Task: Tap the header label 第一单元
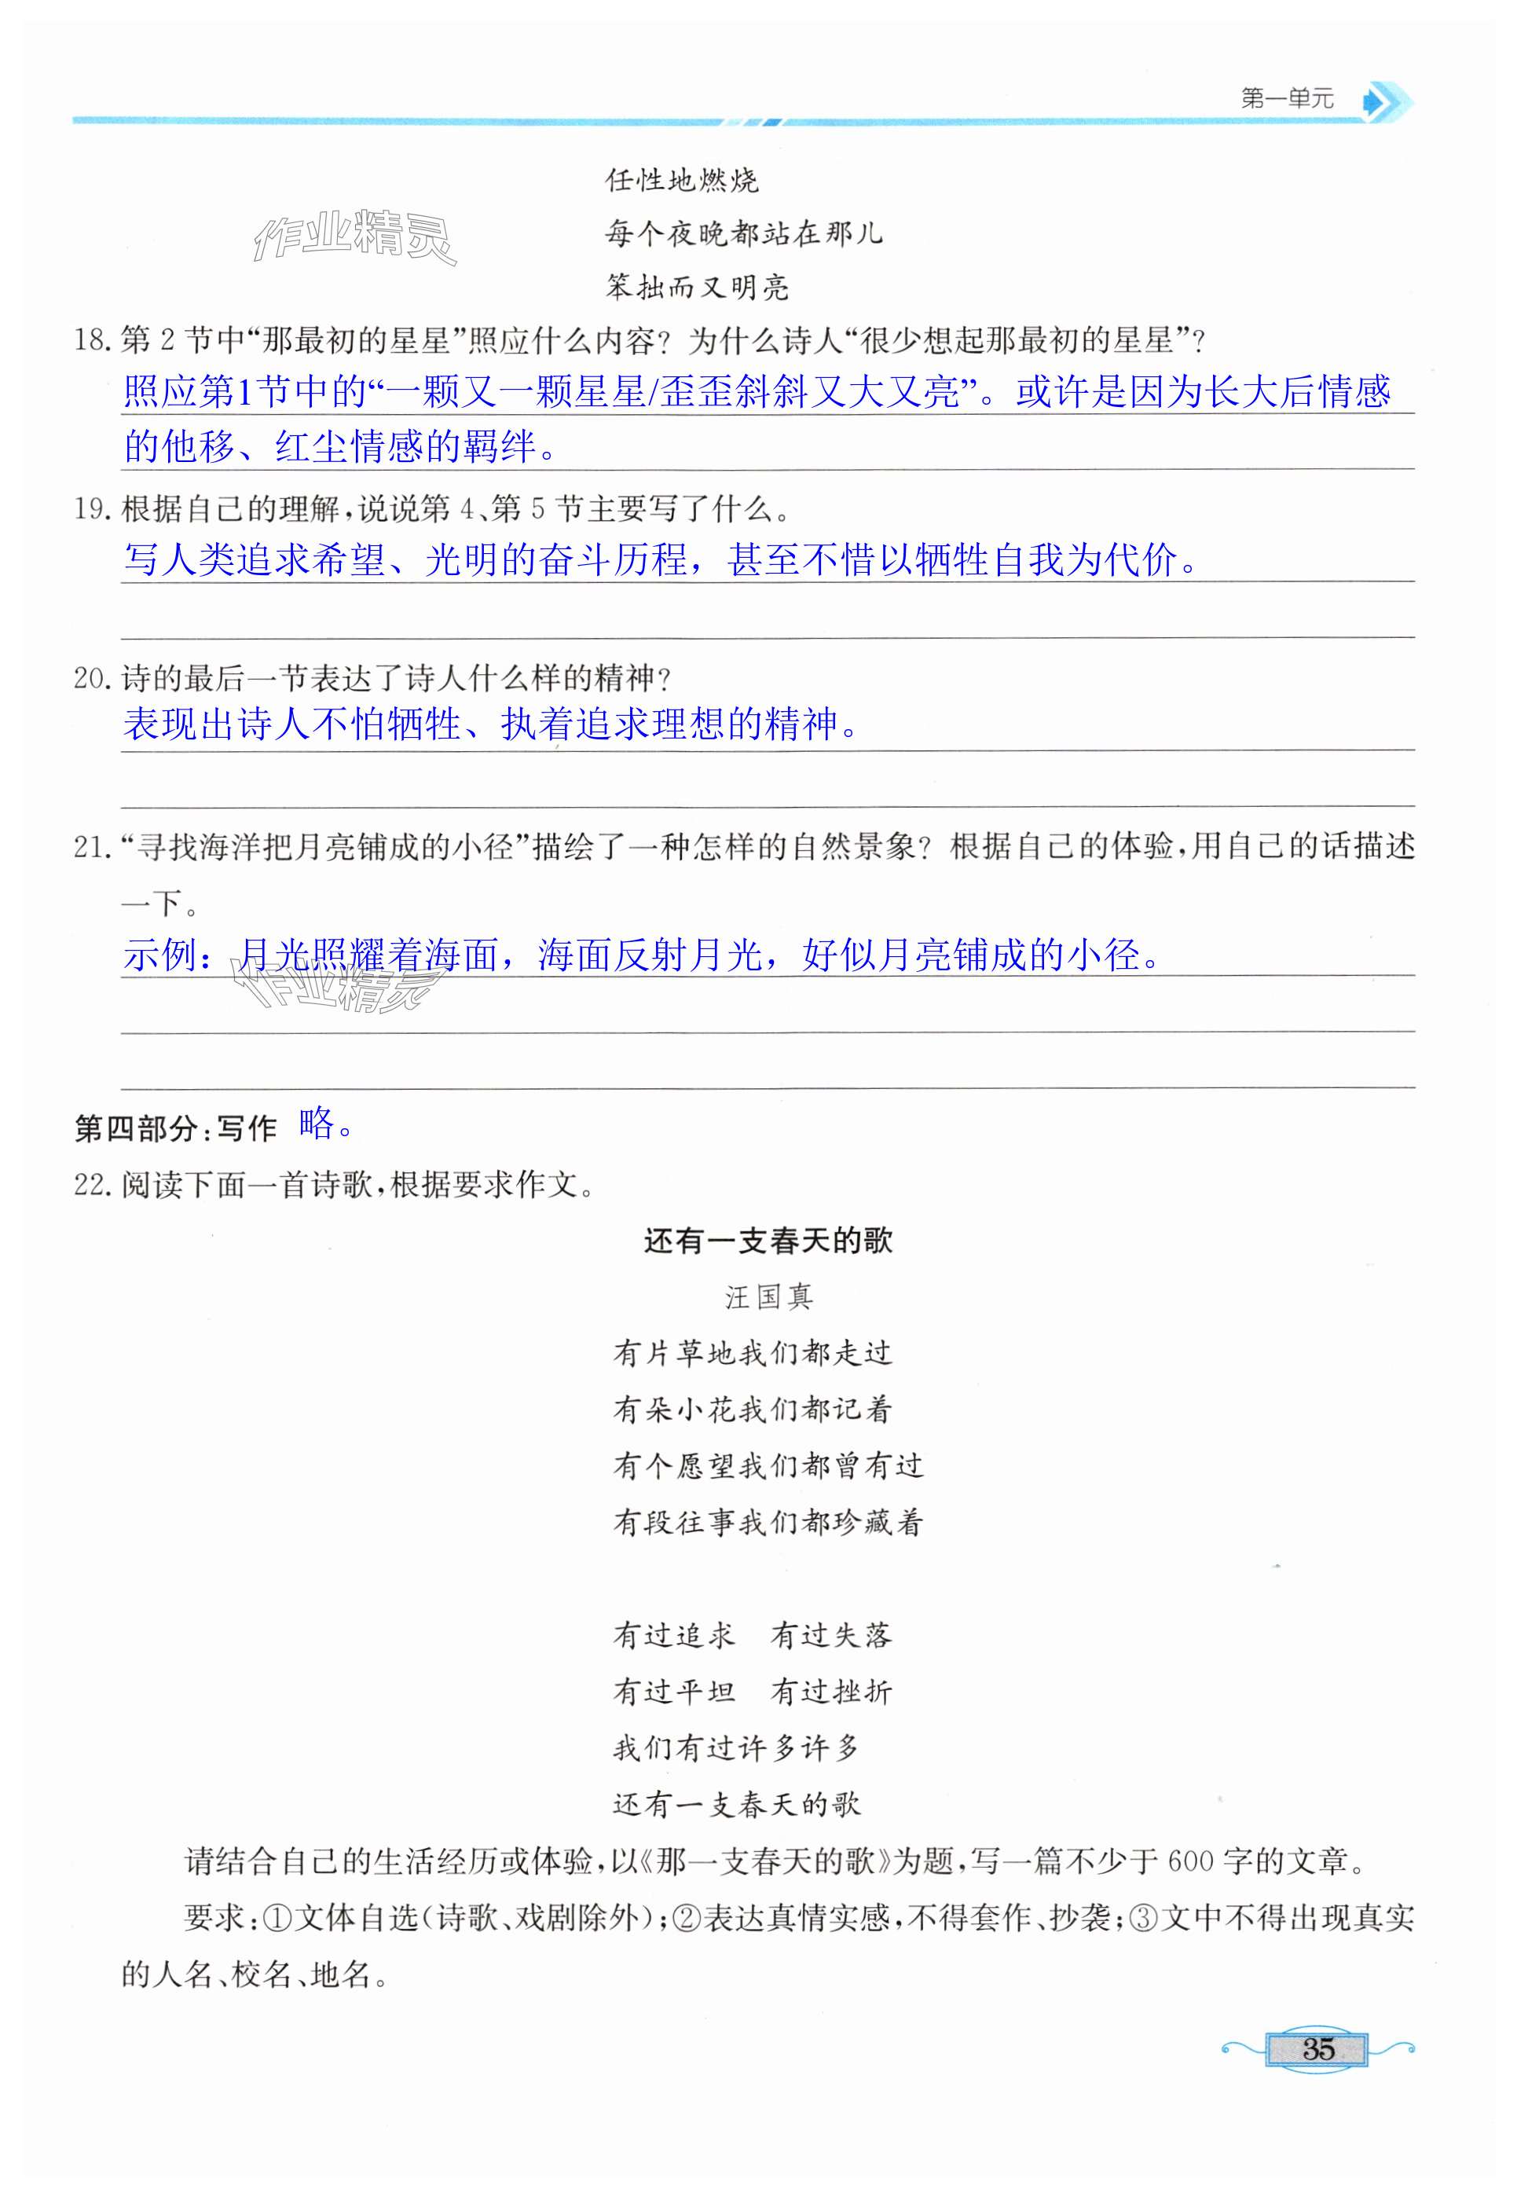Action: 1287,99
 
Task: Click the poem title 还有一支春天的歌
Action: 768,1241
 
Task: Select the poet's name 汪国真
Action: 768,1296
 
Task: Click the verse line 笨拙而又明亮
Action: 697,287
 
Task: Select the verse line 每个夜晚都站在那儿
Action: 743,233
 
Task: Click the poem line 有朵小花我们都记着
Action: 752,1409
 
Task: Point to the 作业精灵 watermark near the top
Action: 354,236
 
